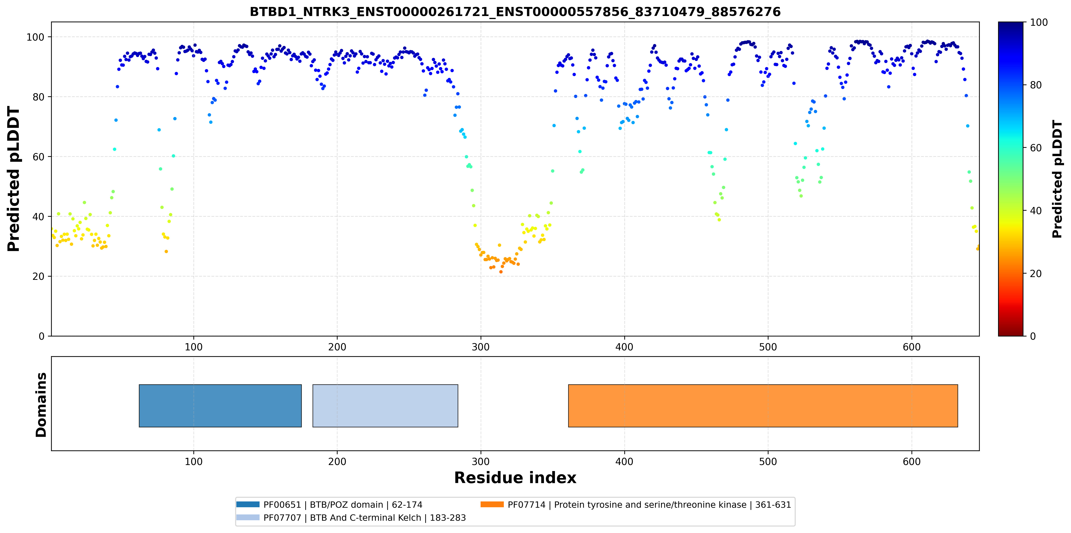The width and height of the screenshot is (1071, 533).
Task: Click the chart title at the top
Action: tap(515, 12)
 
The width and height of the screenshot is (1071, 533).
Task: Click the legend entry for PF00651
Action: tap(329, 505)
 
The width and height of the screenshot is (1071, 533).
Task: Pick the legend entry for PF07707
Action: tap(351, 518)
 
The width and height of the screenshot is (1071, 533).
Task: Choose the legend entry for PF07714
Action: tap(636, 505)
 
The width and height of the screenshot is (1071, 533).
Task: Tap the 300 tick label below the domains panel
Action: tap(481, 462)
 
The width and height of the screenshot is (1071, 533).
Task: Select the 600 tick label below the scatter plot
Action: tap(911, 347)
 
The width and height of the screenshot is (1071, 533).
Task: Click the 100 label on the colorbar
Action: tap(1038, 23)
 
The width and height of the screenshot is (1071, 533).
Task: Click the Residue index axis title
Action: tap(515, 478)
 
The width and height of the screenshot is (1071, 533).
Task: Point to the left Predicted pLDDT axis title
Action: tap(14, 179)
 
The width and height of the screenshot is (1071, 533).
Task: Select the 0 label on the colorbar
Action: tap(1033, 336)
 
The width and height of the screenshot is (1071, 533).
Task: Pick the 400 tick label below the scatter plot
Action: tap(624, 347)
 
